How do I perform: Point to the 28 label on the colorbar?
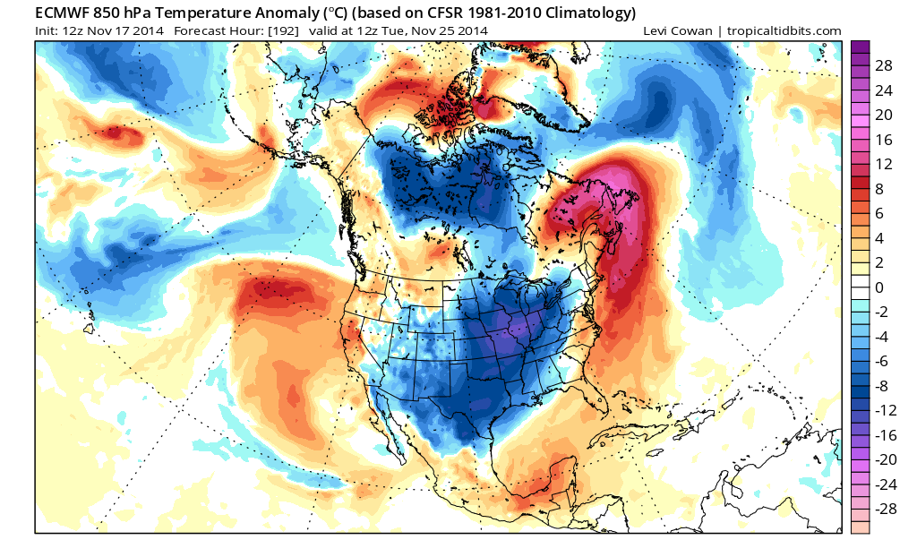tap(884, 66)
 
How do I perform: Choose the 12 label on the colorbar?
tap(884, 164)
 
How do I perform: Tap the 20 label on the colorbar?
tap(884, 115)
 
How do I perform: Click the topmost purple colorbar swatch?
tap(860, 47)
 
